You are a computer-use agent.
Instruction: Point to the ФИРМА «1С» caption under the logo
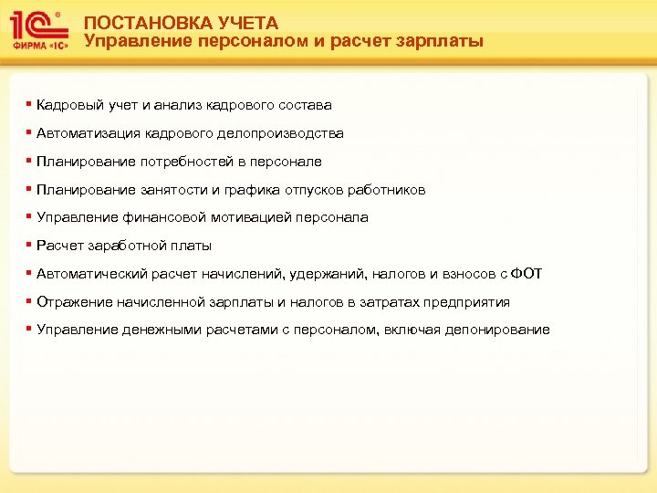point(38,46)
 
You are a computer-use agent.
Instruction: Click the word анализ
point(176,105)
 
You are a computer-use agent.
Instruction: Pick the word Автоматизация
point(89,133)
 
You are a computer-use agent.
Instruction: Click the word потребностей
point(178,162)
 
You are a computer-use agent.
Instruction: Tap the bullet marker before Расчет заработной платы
point(29,245)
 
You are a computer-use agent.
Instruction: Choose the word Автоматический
point(93,274)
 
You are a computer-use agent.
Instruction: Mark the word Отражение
point(74,302)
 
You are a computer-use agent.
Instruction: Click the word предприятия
point(466,302)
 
